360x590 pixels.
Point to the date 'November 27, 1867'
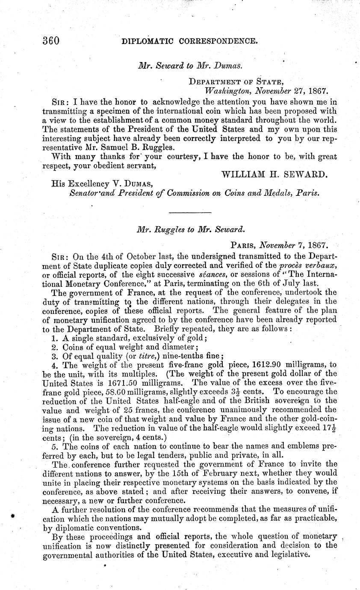291,91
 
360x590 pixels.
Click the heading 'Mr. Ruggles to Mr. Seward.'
190,229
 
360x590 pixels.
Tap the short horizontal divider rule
190,212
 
